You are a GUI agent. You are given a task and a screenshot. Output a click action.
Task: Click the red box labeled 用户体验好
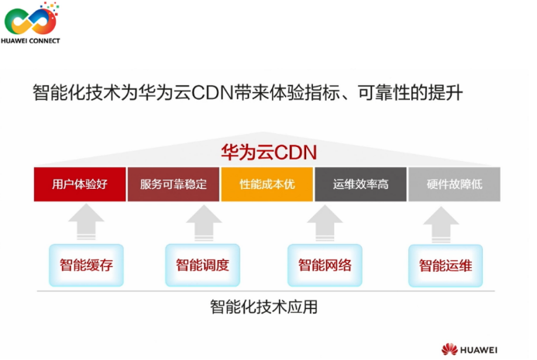[x=80, y=184]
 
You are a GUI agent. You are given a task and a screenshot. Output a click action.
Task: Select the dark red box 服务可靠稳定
[x=174, y=184]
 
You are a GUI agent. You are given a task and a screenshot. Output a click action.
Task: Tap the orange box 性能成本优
[x=267, y=184]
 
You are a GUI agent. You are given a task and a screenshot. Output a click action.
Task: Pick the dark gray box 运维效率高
[x=360, y=184]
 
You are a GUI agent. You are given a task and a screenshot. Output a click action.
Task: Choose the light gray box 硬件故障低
[x=454, y=184]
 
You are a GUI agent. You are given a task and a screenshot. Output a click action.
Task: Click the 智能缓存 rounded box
[x=86, y=266]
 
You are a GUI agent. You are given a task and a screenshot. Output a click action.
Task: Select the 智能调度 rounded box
[x=202, y=266]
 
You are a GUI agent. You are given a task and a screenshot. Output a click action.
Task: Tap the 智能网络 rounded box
[x=325, y=266]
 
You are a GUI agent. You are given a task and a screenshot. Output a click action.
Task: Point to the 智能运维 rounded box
[x=446, y=266]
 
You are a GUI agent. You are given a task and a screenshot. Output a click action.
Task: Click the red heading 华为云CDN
[x=269, y=152]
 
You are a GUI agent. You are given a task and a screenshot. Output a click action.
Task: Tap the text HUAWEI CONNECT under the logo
[x=30, y=40]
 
